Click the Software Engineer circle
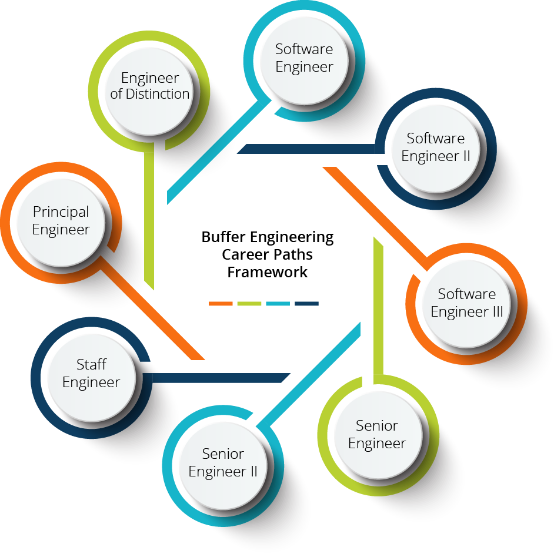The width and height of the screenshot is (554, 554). point(304,58)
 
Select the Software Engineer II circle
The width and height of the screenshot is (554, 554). point(436,147)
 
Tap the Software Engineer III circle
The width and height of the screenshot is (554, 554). point(466,303)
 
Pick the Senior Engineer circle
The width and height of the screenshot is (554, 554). point(377,434)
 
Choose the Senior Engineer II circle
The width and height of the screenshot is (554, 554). point(223,462)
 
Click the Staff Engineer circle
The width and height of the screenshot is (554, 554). point(91,373)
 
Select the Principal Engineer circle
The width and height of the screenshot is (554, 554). point(61,220)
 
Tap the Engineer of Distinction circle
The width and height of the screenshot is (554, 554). point(150,86)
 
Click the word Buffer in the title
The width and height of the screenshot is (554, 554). point(222,237)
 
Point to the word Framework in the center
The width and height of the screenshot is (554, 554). point(268,273)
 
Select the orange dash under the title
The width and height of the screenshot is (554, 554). point(221,304)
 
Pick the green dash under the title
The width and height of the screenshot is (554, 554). point(249,304)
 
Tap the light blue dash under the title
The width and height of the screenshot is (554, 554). point(278,304)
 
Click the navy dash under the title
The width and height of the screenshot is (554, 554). point(306,304)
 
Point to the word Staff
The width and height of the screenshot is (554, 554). point(91,364)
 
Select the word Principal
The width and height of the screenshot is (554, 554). point(61,211)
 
